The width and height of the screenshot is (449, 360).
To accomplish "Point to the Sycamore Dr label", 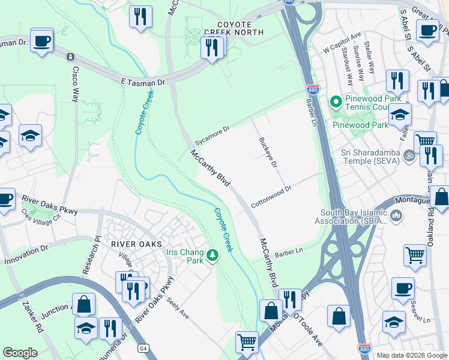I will [x=218, y=130].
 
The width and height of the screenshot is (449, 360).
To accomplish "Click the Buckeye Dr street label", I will [x=268, y=152].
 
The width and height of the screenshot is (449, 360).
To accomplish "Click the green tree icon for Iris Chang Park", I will [x=212, y=257].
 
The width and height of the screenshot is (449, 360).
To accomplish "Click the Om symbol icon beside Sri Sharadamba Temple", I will [x=409, y=155].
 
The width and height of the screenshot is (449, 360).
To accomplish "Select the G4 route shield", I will [x=143, y=348].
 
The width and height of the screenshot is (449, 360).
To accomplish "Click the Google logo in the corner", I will [x=20, y=353].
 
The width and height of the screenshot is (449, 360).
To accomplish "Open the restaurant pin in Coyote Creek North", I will [x=211, y=48].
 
